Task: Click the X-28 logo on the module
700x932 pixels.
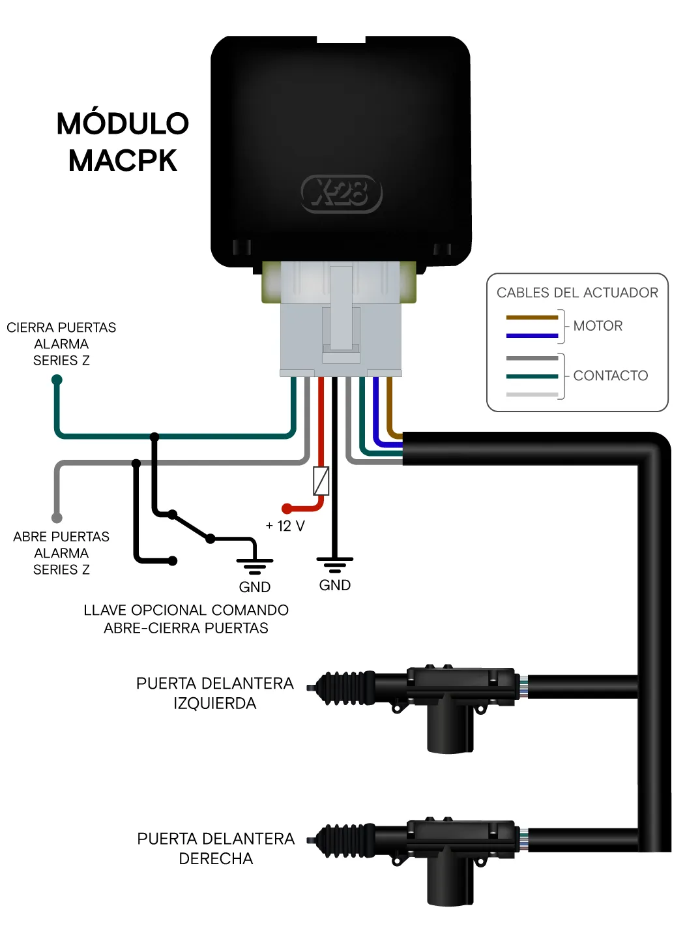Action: tap(342, 194)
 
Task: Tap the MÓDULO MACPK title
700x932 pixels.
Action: tap(123, 142)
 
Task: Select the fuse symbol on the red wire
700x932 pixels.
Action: tap(321, 481)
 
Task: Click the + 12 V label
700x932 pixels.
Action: tap(285, 526)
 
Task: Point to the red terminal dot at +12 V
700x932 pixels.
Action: tap(287, 508)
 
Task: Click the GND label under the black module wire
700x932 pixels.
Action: tap(335, 585)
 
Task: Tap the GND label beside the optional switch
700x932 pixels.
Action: tap(255, 587)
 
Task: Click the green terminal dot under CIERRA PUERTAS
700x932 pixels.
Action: tap(57, 380)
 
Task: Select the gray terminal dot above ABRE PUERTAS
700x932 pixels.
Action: tap(57, 518)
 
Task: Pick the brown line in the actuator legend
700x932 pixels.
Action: tap(532, 318)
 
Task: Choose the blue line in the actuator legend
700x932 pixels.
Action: tap(532, 335)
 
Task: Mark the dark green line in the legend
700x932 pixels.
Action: tap(532, 376)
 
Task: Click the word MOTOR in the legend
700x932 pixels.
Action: tap(598, 325)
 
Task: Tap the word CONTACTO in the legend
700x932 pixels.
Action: tap(610, 376)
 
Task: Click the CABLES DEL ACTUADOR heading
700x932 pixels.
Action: tap(577, 293)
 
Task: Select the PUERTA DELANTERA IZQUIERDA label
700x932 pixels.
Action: tap(215, 693)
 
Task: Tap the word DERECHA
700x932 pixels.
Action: tap(216, 859)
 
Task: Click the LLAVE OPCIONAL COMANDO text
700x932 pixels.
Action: tap(186, 610)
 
